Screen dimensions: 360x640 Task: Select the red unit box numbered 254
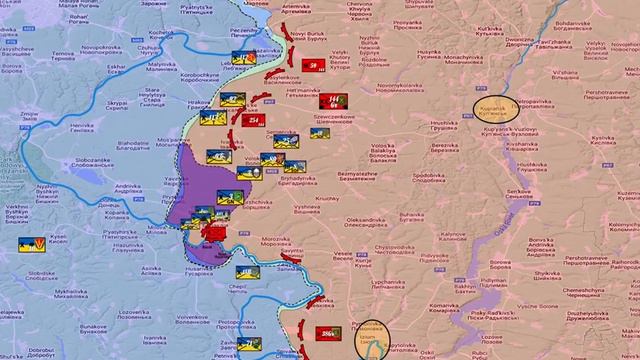254,122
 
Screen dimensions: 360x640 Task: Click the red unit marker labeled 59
315,66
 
